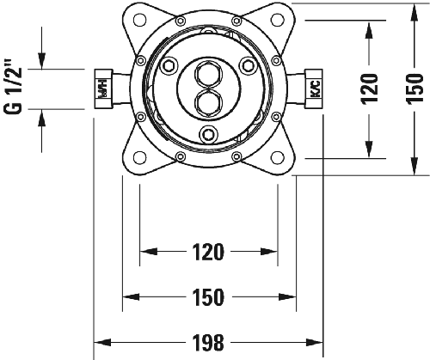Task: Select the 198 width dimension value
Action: click(x=207, y=342)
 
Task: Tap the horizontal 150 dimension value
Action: click(x=207, y=297)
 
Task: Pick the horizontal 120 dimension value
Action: click(x=207, y=253)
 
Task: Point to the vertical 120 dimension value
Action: click(x=369, y=88)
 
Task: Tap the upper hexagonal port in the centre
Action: click(x=207, y=74)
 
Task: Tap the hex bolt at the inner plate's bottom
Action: click(x=207, y=133)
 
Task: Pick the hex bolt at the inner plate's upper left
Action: click(x=170, y=67)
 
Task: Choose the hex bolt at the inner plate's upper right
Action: click(x=246, y=67)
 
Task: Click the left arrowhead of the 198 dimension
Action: click(x=97, y=342)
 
